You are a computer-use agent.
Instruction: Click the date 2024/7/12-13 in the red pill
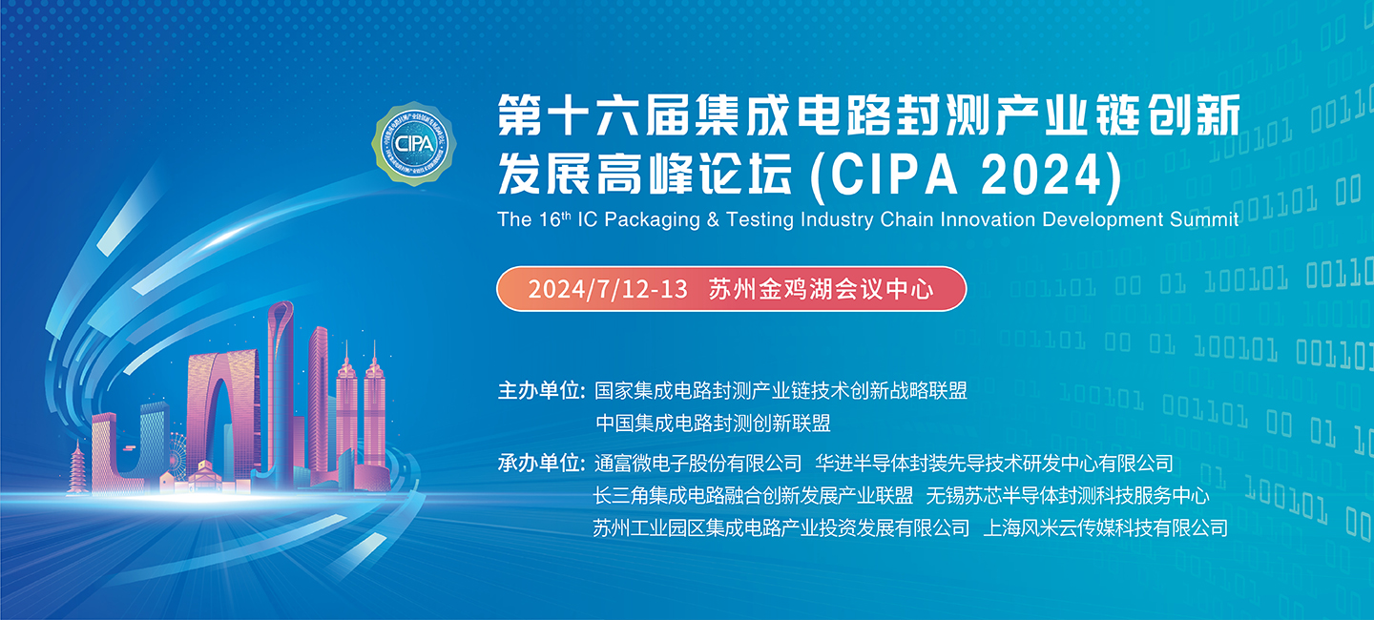[x=608, y=288]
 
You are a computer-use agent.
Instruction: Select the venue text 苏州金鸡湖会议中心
[x=821, y=288]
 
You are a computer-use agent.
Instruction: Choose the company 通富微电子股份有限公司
[x=697, y=465]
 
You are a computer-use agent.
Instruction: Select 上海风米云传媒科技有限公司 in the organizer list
[x=1105, y=527]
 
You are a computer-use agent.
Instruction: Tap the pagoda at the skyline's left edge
[x=77, y=468]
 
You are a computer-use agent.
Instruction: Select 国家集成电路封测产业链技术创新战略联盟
[x=781, y=391]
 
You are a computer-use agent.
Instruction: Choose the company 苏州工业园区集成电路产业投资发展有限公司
[x=781, y=527]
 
